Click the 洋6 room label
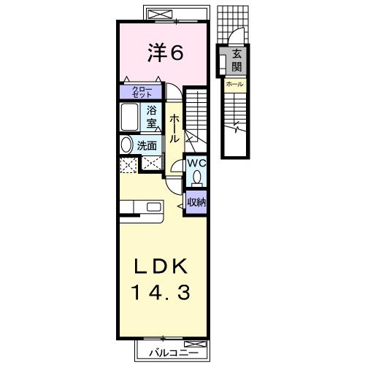click(x=165, y=53)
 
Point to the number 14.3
click(x=161, y=293)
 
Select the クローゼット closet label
click(x=142, y=92)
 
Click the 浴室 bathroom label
click(x=151, y=118)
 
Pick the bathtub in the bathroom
click(x=130, y=118)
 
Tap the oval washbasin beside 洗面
click(x=126, y=145)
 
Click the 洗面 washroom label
click(x=147, y=146)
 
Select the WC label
click(x=196, y=164)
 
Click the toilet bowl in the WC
click(x=196, y=177)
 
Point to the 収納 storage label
click(x=196, y=202)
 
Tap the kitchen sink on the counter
click(x=154, y=207)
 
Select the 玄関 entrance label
click(x=237, y=61)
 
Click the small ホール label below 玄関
click(x=234, y=84)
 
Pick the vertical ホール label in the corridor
click(x=174, y=128)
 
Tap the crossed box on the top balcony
click(x=160, y=14)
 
